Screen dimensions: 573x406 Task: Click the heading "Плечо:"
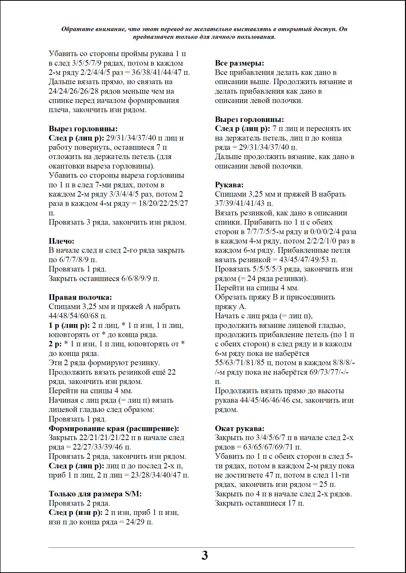(61, 241)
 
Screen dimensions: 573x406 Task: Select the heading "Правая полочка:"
(80, 297)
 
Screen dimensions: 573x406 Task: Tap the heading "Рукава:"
(229, 185)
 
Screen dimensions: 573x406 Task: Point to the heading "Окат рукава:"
(239, 428)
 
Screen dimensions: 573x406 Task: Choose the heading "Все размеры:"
(239, 63)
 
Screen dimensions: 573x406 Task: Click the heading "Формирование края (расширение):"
(114, 428)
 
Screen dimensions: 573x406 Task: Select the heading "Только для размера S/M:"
(95, 494)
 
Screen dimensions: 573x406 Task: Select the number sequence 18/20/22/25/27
(163, 203)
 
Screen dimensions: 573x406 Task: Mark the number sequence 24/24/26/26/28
(74, 91)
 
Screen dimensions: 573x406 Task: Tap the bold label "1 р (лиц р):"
(69, 326)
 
